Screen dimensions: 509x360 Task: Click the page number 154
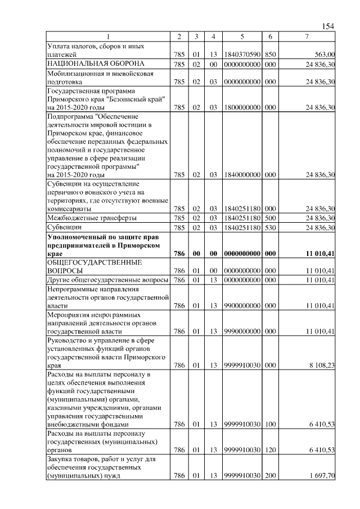tap(328, 26)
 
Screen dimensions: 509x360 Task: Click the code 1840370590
tap(241, 55)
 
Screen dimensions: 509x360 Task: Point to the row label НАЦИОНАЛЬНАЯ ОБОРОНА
tap(96, 64)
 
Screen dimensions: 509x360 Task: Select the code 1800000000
tap(241, 107)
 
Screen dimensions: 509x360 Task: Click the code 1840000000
tap(241, 175)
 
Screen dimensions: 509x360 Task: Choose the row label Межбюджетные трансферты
tap(92, 218)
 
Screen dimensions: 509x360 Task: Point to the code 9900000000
tap(241, 306)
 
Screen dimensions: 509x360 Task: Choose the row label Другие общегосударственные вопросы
tap(107, 280)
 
